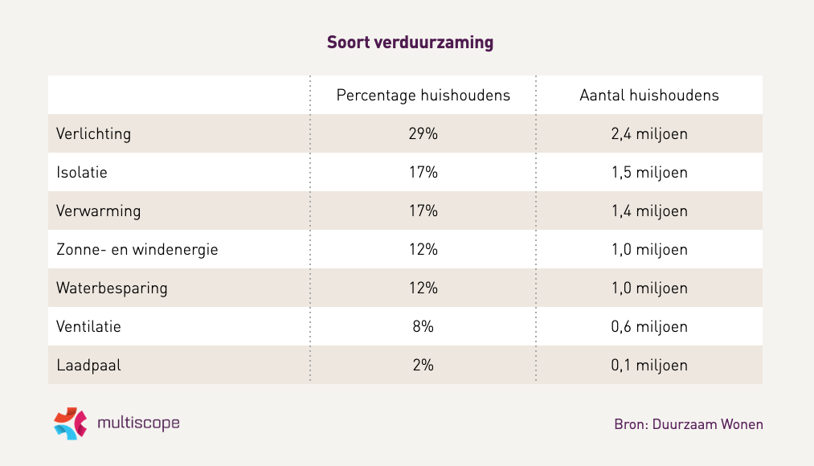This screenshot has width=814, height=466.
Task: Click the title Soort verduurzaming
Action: (x=410, y=43)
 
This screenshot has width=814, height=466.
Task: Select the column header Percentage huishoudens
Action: (x=423, y=95)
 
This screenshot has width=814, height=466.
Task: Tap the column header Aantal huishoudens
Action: (x=648, y=95)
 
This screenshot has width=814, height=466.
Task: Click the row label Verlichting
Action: (x=93, y=133)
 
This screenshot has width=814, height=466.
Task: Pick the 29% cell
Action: (x=423, y=133)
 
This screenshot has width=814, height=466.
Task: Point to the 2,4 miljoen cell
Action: (x=648, y=133)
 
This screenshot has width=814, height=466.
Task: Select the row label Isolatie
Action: (x=82, y=172)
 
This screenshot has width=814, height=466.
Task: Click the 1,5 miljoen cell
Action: (x=648, y=172)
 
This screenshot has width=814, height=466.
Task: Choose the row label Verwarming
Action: (x=98, y=211)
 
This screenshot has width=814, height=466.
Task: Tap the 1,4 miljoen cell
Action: (x=648, y=211)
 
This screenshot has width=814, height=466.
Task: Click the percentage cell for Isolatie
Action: (x=423, y=172)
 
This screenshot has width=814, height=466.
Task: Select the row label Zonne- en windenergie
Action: (x=137, y=249)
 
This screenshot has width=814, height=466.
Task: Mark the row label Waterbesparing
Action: (x=112, y=288)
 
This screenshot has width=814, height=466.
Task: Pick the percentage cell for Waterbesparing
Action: (x=423, y=288)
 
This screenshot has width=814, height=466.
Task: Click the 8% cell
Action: (x=423, y=326)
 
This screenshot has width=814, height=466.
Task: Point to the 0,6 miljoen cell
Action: (x=648, y=326)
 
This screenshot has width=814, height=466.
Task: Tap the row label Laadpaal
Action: (x=88, y=365)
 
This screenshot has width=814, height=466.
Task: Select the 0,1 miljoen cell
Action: (x=648, y=365)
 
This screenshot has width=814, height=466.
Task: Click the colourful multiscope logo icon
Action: (x=70, y=423)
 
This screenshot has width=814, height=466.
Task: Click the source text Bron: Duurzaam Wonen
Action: (x=688, y=424)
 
